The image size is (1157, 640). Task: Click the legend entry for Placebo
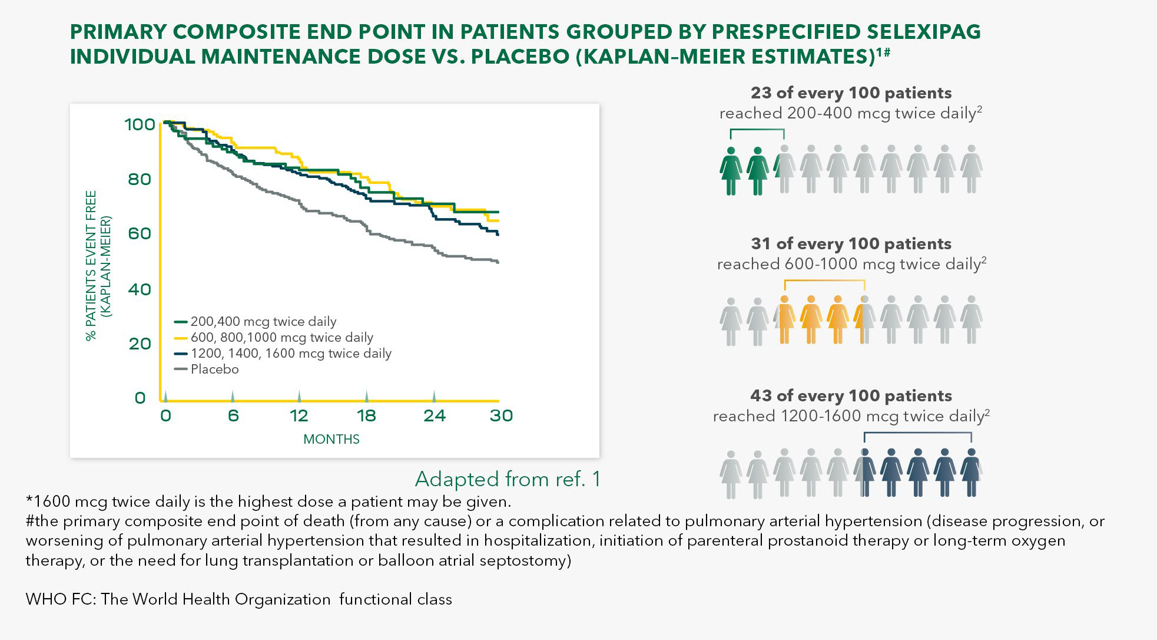[x=214, y=370]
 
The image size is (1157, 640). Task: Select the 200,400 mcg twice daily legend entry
[x=263, y=322]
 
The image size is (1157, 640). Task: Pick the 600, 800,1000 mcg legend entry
[x=281, y=338]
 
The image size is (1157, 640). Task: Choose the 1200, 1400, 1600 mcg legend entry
[x=290, y=354]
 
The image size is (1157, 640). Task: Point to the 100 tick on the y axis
[x=140, y=124]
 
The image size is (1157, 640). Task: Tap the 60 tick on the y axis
[x=140, y=233]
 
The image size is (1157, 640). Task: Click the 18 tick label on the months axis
[x=366, y=416]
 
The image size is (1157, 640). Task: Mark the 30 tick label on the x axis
[x=501, y=416]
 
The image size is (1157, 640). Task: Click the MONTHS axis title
[x=331, y=439]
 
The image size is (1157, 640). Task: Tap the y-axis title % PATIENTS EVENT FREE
[x=91, y=265]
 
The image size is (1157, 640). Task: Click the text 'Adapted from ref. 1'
[x=508, y=479]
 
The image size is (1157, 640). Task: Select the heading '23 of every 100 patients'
[x=851, y=93]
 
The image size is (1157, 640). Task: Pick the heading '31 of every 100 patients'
[x=851, y=244]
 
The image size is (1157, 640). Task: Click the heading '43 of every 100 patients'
[x=851, y=395]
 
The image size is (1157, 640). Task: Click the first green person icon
[x=731, y=171]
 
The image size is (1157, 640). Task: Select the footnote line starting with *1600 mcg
[x=268, y=502]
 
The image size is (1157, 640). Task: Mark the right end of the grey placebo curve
[x=498, y=262]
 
